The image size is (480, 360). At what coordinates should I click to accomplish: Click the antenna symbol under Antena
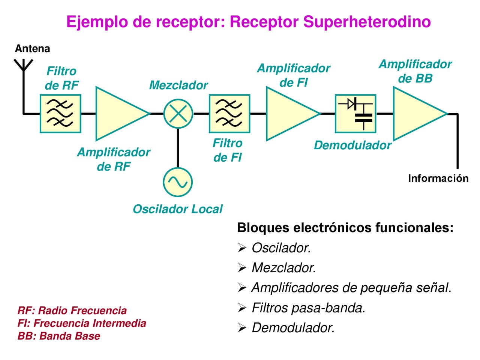tap(23, 66)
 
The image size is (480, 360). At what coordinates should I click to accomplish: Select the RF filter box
tap(60, 114)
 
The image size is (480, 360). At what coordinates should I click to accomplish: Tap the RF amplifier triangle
tap(123, 114)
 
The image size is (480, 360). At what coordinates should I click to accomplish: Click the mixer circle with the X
tap(178, 114)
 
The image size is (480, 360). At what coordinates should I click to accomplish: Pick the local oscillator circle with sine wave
tap(178, 182)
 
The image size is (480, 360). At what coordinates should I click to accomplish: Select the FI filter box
tap(229, 114)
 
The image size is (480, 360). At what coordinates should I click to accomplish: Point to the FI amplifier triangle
tap(293, 114)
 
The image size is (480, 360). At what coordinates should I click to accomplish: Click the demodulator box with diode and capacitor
tap(355, 114)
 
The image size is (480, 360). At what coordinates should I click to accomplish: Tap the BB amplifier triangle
tap(420, 114)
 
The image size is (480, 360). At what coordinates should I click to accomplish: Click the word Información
tap(438, 178)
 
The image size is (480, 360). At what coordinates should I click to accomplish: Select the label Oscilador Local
tap(178, 209)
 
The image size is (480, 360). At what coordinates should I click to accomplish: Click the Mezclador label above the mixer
tap(178, 85)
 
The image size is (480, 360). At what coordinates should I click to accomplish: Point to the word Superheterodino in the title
tap(367, 22)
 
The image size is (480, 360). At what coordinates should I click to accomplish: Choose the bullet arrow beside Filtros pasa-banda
tap(242, 308)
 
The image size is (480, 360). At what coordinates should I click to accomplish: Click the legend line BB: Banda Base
tap(59, 336)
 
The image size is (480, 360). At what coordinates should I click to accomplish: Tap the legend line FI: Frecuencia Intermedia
tap(82, 323)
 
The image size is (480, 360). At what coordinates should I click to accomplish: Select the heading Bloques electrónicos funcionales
tap(345, 228)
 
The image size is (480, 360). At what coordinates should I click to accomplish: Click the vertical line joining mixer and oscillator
tap(178, 148)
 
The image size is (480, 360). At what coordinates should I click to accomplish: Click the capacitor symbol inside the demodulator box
tap(363, 118)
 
